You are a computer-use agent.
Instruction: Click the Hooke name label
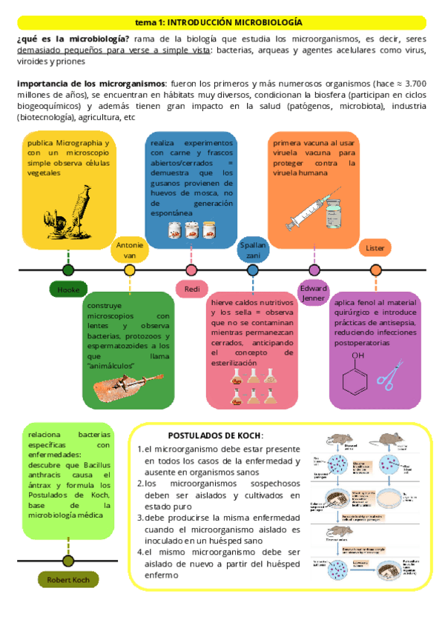coord(68,290)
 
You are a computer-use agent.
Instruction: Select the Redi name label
coord(191,289)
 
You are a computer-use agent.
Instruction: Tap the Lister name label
coord(375,248)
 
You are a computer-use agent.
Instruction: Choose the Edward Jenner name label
coord(314,293)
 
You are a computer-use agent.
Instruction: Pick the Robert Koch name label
coord(68,580)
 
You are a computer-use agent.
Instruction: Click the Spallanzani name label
coord(253,250)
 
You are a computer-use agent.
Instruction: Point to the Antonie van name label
coord(130,250)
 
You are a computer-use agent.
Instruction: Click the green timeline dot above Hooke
coord(69,270)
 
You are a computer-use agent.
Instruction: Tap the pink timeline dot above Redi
coord(191,270)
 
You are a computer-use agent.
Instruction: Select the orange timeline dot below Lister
coord(375,270)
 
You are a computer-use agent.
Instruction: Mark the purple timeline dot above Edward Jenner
coord(314,270)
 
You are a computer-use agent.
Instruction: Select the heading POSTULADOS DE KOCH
coord(215,435)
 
